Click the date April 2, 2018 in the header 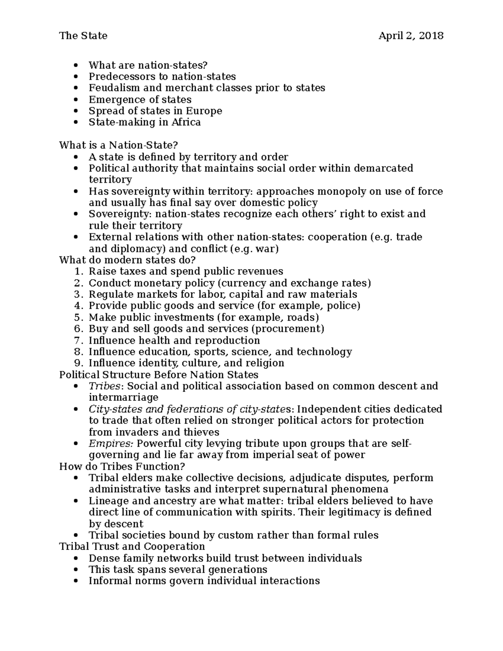[411, 36]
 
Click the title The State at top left [83, 36]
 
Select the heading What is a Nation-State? [119, 145]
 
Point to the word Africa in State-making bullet [186, 122]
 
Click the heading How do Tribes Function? [122, 467]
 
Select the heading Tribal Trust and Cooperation [132, 547]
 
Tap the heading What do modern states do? [127, 260]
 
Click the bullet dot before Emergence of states [75, 100]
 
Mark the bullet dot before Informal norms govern [75, 581]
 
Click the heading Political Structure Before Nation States [159, 374]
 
